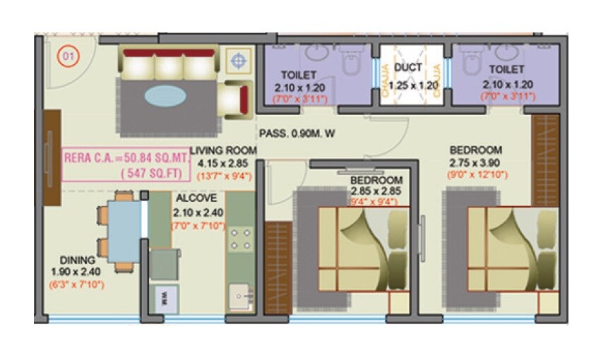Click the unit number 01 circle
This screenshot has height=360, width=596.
click(x=68, y=56)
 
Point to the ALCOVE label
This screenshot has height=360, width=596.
click(x=191, y=198)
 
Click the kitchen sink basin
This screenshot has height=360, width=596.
click(x=241, y=295)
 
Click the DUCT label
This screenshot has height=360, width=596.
click(x=408, y=68)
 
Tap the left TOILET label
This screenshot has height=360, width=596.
click(x=299, y=75)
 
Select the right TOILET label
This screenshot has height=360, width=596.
click(x=506, y=69)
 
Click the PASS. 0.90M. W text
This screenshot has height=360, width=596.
click(x=297, y=133)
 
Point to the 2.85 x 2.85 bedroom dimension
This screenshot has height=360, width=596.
click(x=376, y=191)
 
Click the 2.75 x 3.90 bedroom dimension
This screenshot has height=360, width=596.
click(x=476, y=162)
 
